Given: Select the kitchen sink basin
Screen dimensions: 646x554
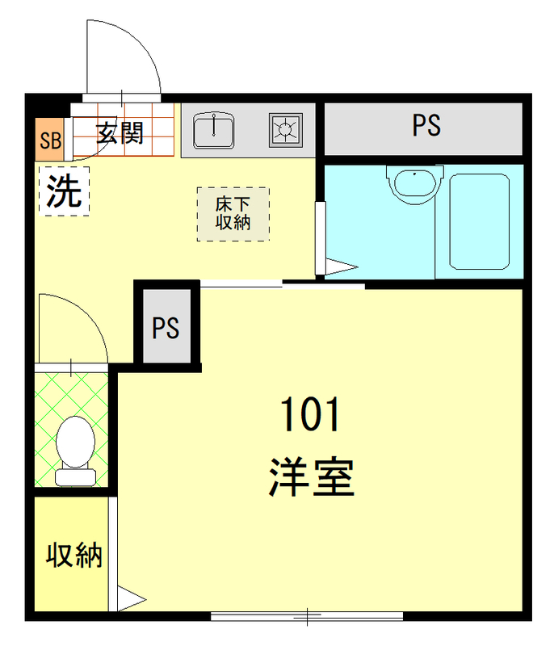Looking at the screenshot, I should coord(214,128).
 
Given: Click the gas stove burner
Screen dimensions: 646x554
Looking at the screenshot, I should coord(286,128).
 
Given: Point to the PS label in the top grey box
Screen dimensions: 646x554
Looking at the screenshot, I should coord(426,126).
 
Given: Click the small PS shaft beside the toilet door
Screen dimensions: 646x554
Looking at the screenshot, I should coord(166,329).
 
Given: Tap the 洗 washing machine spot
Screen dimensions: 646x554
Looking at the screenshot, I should coord(64,191).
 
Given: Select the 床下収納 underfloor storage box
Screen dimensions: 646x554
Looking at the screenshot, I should coord(233,213).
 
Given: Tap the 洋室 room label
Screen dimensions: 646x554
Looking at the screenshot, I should coord(312,476).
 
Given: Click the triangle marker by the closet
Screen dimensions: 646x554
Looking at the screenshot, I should coord(130,600).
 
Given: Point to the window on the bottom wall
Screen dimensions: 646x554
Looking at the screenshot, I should coord(307,618).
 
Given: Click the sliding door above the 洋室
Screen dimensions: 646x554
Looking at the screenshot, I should coord(283,283).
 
